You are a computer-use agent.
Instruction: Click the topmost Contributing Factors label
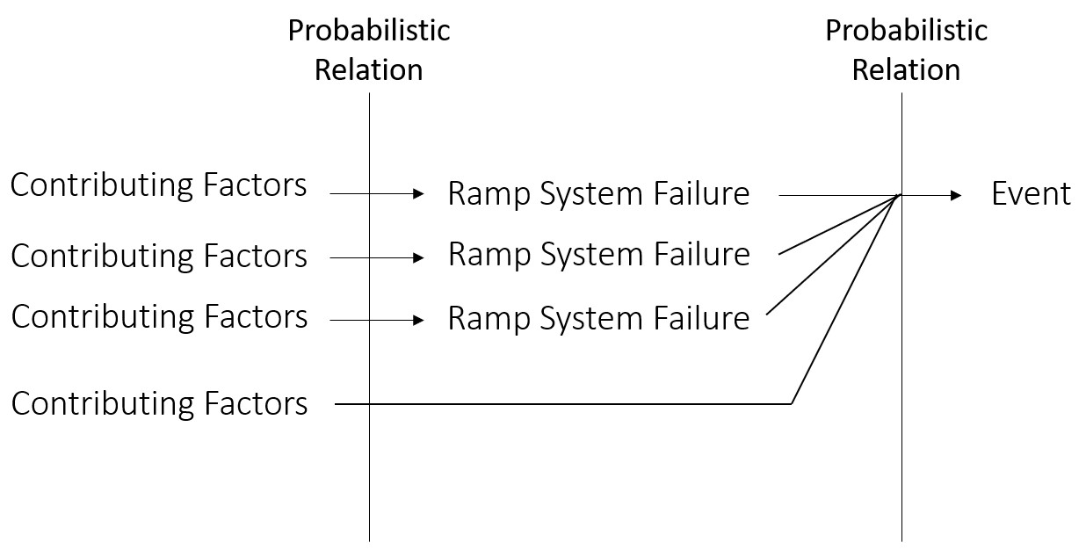159,185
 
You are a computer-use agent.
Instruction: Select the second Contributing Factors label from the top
159,256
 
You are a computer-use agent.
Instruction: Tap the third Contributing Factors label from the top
159,316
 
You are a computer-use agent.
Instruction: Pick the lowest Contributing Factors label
159,403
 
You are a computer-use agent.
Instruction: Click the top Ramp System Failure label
598,193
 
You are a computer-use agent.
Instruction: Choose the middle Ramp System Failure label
598,254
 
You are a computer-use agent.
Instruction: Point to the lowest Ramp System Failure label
598,317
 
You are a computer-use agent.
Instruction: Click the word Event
1031,193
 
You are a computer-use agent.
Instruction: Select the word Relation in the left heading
368,69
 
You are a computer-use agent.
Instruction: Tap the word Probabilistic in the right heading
906,31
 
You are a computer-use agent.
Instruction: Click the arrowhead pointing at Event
956,195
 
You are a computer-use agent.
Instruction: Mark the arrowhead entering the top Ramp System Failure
418,194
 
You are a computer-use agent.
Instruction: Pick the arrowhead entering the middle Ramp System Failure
418,257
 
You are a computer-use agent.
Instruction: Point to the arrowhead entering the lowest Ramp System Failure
418,321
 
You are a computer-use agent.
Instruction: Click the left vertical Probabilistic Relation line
369,474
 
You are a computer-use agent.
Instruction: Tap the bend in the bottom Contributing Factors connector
792,403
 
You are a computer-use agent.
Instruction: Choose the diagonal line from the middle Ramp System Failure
839,225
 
